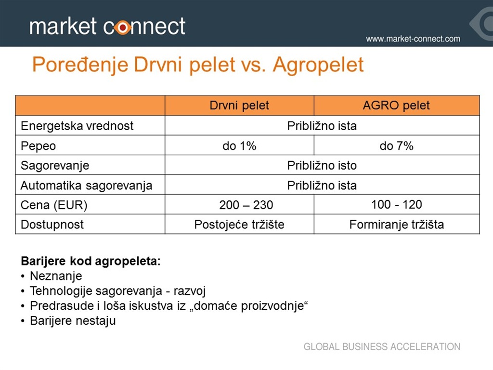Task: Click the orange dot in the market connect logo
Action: pos(123,27)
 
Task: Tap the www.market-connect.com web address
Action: pos(413,39)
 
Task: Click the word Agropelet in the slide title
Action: pos(318,65)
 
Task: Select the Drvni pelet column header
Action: pos(239,106)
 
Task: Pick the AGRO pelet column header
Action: pos(396,106)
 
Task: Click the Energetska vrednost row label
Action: pos(77,126)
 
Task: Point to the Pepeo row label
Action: pos(39,146)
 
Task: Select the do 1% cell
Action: pos(239,146)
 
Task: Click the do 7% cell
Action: pos(397,146)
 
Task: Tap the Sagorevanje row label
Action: pos(55,166)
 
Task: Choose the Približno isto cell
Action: pos(322,166)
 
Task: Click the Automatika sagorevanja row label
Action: pos(87,185)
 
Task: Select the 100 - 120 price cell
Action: pos(397,204)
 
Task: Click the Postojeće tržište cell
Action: pos(239,225)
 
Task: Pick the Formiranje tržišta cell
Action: pos(397,225)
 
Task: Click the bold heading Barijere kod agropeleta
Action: pos(91,261)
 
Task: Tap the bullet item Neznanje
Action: pos(56,276)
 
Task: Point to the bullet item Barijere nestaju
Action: pos(73,321)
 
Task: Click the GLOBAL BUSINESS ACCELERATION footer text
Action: pos(382,347)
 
